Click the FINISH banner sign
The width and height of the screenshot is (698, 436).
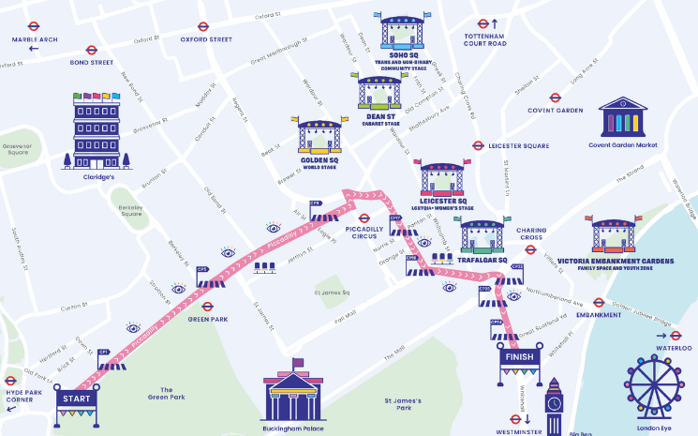519,357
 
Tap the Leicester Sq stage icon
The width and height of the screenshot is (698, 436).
442,178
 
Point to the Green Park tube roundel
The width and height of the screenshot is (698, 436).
208,306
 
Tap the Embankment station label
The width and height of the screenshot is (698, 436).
599,315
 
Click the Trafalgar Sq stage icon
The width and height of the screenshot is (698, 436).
483,238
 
